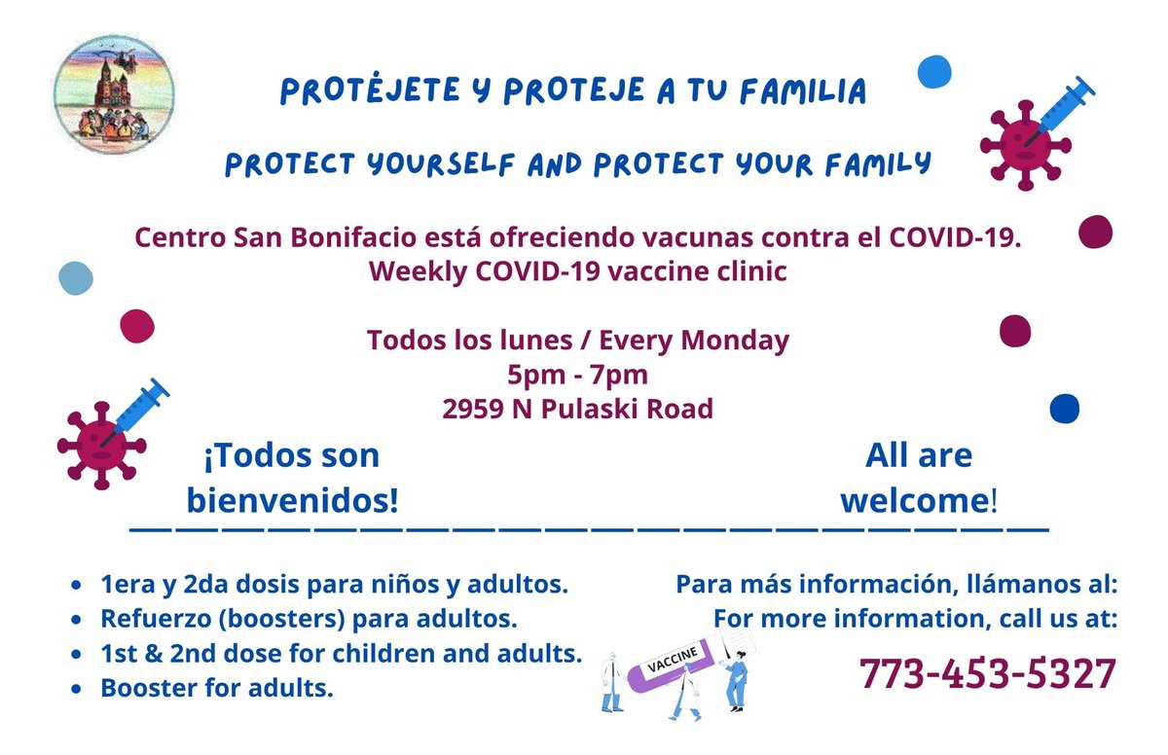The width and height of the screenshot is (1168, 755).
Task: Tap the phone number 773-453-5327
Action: (987, 673)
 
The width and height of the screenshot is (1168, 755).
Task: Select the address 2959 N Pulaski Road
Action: (577, 409)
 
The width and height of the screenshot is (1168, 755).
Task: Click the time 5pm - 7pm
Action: (577, 375)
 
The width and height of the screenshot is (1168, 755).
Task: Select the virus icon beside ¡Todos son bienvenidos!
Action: (97, 443)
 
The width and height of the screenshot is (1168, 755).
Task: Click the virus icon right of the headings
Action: (1022, 144)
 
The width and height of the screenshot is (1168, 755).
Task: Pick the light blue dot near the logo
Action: (75, 278)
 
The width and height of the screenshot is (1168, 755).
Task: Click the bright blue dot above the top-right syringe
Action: (934, 71)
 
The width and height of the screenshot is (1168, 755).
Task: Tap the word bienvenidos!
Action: (293, 501)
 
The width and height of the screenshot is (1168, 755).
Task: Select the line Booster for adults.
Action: (216, 689)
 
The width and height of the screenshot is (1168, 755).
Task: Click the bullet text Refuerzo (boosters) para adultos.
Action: (308, 619)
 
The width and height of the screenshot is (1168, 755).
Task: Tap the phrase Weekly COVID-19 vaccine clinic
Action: (577, 271)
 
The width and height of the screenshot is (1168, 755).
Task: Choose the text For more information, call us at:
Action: (915, 619)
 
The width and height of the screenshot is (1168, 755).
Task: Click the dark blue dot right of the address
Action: (1065, 409)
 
